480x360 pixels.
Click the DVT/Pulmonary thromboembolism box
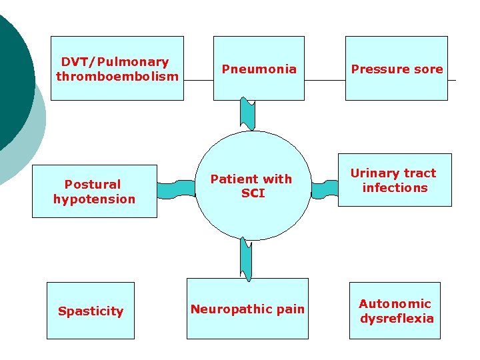pyautogui.click(x=117, y=68)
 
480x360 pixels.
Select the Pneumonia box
pyautogui.click(x=259, y=68)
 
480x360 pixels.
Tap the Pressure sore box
pyautogui.click(x=396, y=68)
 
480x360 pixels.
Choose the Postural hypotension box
pyautogui.click(x=94, y=191)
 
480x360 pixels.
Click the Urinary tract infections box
pyautogui.click(x=394, y=180)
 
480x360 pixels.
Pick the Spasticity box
pyautogui.click(x=90, y=311)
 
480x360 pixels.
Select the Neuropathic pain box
pyautogui.click(x=247, y=309)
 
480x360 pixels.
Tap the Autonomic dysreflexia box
pyautogui.click(x=396, y=311)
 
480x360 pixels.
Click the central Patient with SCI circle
pyautogui.click(x=252, y=185)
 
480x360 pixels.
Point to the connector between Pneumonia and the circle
pyautogui.click(x=248, y=114)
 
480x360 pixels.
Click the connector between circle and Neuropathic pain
pyautogui.click(x=247, y=259)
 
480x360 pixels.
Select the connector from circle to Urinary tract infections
pyautogui.click(x=325, y=189)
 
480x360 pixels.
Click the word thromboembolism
pyautogui.click(x=117, y=76)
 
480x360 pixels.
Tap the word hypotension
pyautogui.click(x=94, y=199)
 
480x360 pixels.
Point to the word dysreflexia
pyautogui.click(x=397, y=318)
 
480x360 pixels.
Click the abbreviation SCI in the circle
pyautogui.click(x=253, y=193)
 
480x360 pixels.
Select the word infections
pyautogui.click(x=395, y=187)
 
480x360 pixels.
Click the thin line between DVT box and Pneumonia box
pyautogui.click(x=199, y=80)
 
